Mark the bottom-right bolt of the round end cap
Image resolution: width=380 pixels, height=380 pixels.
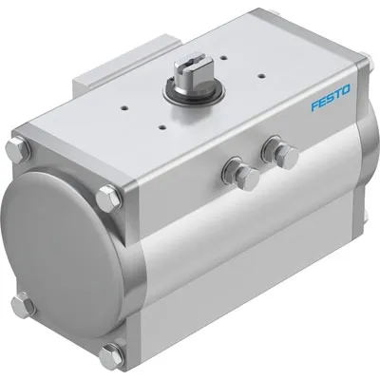[x=112, y=359]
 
